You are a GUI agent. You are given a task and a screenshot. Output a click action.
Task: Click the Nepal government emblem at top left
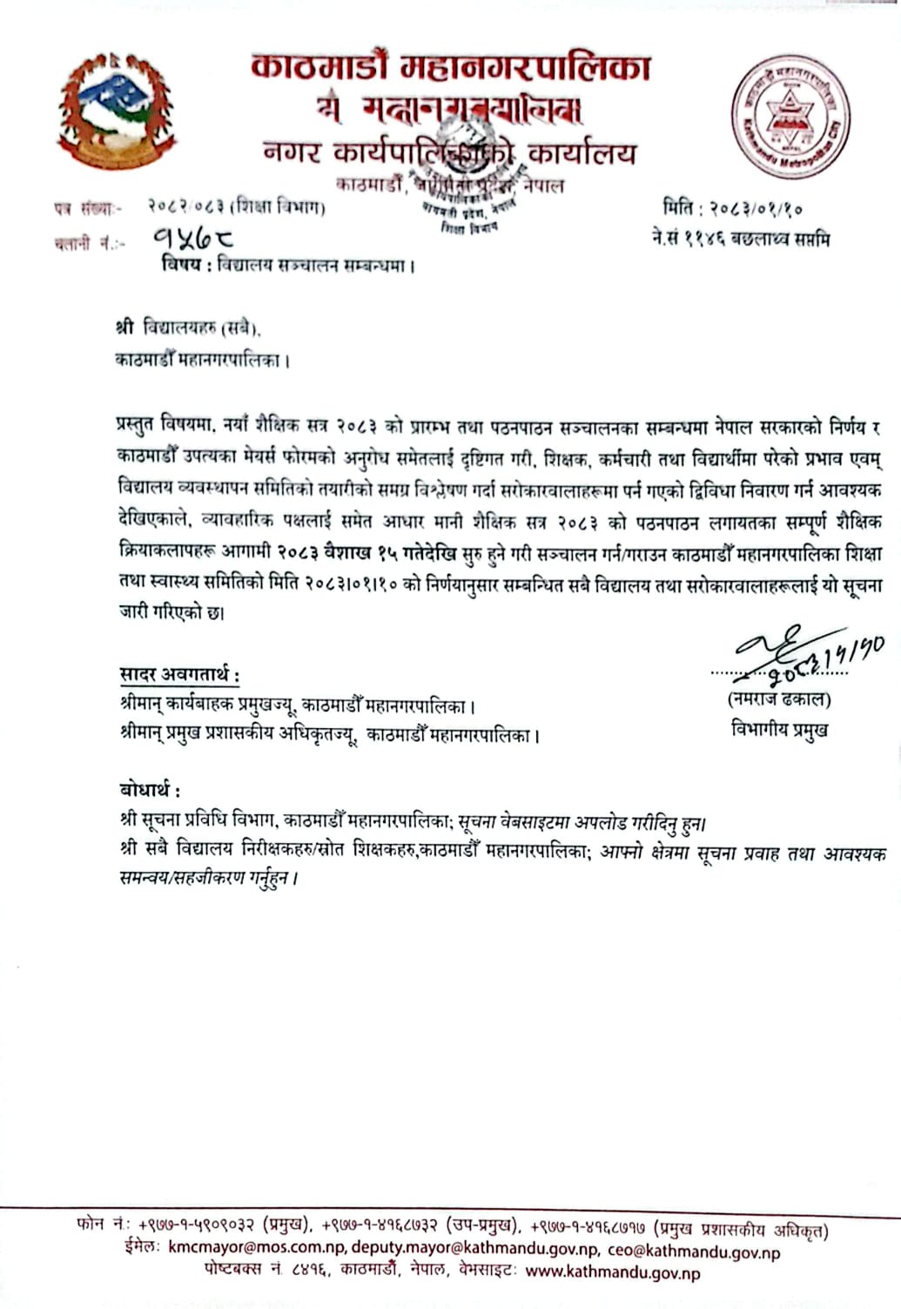coord(116,111)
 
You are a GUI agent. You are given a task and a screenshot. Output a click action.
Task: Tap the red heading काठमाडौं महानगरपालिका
coord(450,67)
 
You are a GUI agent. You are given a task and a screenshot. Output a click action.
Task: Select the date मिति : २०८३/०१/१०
coord(733,208)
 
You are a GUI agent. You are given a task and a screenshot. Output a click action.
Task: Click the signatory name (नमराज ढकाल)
coord(778,699)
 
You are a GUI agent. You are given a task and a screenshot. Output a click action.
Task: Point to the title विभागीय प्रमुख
coord(779,730)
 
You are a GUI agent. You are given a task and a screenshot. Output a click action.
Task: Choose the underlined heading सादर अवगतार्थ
coord(179,674)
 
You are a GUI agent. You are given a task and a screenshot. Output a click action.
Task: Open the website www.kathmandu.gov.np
coord(613,1272)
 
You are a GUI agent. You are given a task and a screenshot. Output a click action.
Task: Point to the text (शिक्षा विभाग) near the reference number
coord(279,207)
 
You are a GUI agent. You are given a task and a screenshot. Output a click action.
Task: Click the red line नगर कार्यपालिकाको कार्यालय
coord(450,153)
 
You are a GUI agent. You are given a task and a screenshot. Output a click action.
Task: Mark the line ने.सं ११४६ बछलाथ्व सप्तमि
coord(740,238)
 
